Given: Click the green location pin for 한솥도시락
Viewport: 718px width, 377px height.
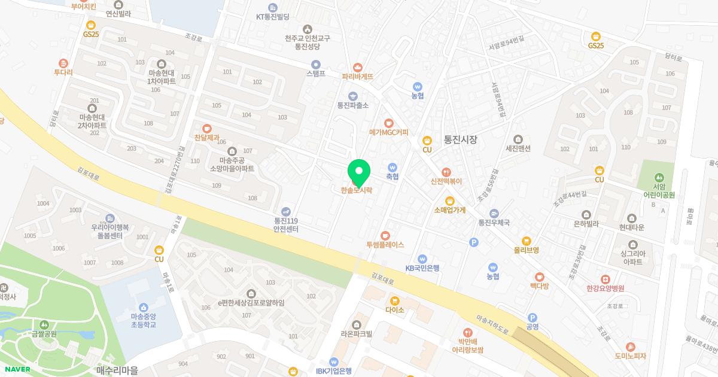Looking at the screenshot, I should click(359, 172).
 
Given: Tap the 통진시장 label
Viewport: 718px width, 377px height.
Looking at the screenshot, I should click(460, 139).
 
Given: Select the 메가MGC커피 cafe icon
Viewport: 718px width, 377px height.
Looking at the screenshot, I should click(388, 123).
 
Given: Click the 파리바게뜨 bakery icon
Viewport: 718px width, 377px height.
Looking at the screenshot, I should click(358, 68).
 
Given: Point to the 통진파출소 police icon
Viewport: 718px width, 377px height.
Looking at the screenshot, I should click(352, 96).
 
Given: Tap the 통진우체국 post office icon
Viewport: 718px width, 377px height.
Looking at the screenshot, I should click(493, 214).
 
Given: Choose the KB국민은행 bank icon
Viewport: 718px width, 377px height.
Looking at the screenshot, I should click(422, 259).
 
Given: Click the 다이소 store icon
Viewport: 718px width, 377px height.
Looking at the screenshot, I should click(394, 300).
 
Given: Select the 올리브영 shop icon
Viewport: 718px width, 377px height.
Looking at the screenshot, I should click(526, 241).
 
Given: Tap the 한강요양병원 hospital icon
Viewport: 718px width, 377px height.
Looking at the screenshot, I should click(605, 279).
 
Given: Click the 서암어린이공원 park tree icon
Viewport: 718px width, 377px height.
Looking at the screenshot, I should click(659, 177).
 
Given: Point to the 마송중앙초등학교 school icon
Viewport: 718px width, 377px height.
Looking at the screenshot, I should click(143, 307).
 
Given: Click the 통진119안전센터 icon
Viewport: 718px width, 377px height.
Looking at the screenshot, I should click(285, 211).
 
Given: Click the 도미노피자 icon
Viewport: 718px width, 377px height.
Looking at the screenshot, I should click(630, 347).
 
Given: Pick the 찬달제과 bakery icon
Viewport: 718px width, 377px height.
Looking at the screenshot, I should click(207, 128).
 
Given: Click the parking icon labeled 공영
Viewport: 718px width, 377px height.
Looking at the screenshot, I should click(532, 318).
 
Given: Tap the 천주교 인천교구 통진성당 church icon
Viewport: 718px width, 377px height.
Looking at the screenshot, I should click(308, 29).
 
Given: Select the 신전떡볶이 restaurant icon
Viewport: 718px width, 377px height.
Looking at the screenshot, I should click(446, 172).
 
